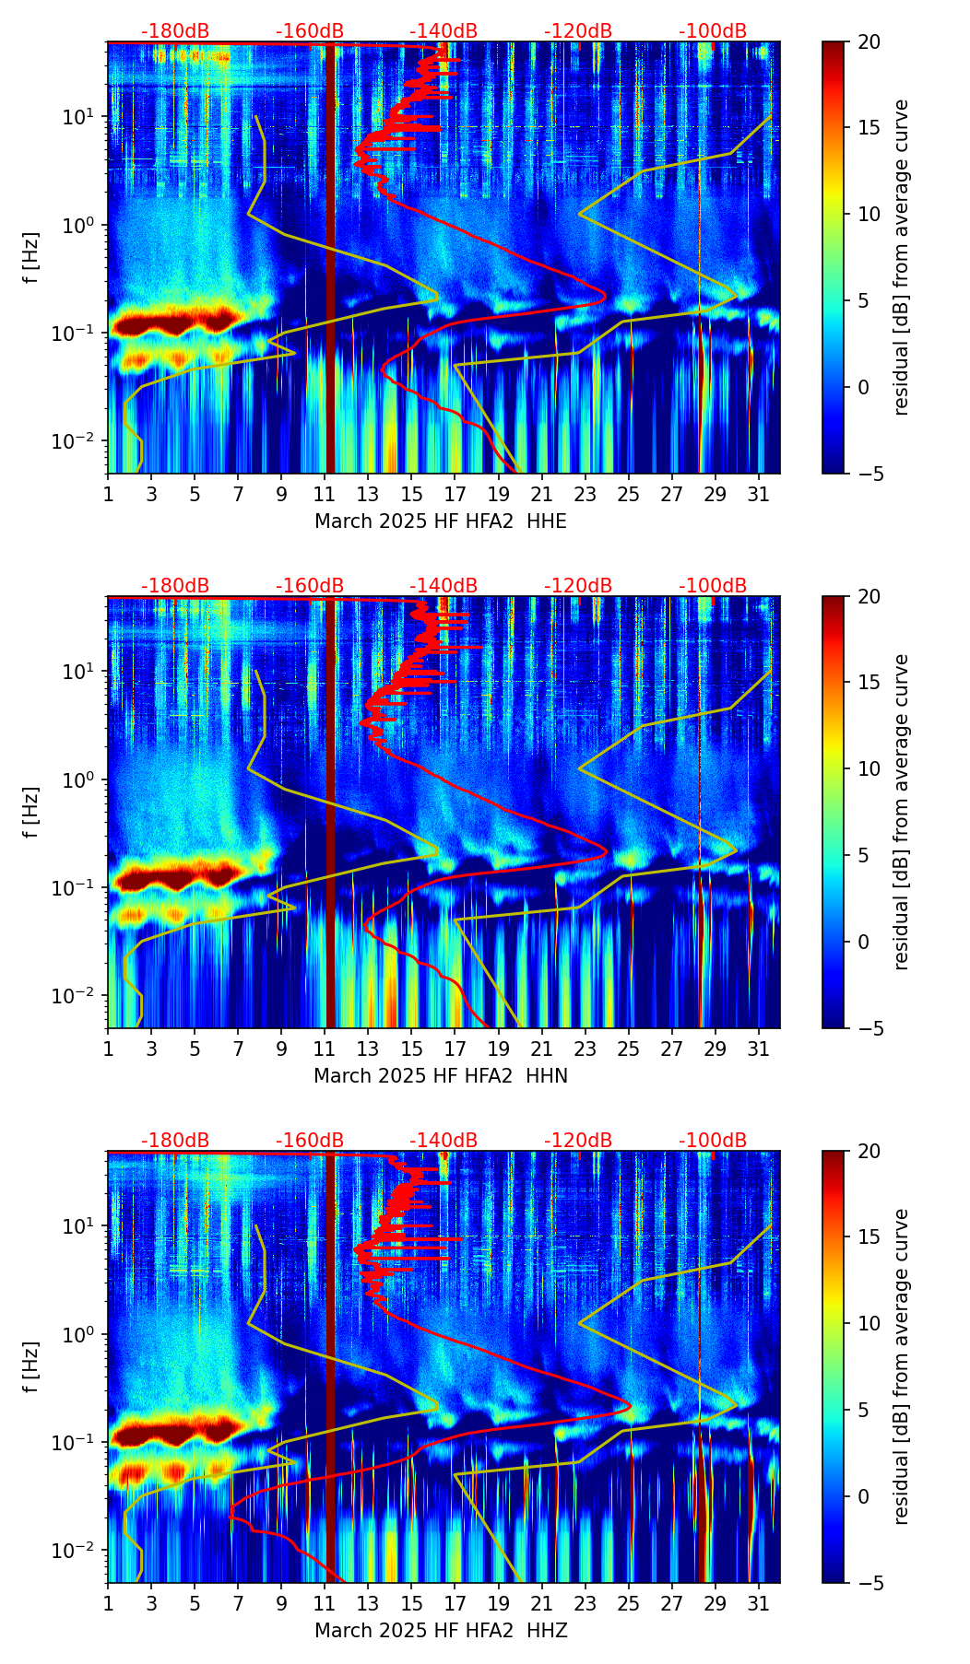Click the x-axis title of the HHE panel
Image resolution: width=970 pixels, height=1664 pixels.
pyautogui.click(x=440, y=521)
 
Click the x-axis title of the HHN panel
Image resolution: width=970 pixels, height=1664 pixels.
pyautogui.click(x=440, y=1076)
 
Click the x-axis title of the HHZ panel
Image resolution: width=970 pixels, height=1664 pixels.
pyautogui.click(x=440, y=1631)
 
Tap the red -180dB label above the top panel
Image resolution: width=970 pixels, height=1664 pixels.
pyautogui.click(x=175, y=32)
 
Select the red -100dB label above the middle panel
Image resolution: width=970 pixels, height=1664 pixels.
pyautogui.click(x=713, y=587)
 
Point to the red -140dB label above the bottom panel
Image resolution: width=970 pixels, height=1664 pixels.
pyautogui.click(x=444, y=1142)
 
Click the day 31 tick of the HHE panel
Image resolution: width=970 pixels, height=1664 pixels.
pyautogui.click(x=759, y=494)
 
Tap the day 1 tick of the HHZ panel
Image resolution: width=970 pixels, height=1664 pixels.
pyautogui.click(x=108, y=1603)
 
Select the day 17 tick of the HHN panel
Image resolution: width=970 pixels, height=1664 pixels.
pyautogui.click(x=455, y=1049)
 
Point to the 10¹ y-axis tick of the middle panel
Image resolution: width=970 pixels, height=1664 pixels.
pyautogui.click(x=83, y=672)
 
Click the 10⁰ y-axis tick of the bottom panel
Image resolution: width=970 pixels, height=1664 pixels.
pyautogui.click(x=83, y=1334)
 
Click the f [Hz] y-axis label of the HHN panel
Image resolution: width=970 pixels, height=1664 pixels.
pyautogui.click(x=31, y=812)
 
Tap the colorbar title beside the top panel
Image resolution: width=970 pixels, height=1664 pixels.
pyautogui.click(x=902, y=257)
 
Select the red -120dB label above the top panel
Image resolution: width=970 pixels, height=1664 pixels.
pyautogui.click(x=578, y=32)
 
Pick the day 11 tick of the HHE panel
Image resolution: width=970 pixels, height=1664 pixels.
pyautogui.click(x=325, y=494)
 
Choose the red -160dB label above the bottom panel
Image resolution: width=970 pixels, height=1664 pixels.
pyautogui.click(x=310, y=1142)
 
